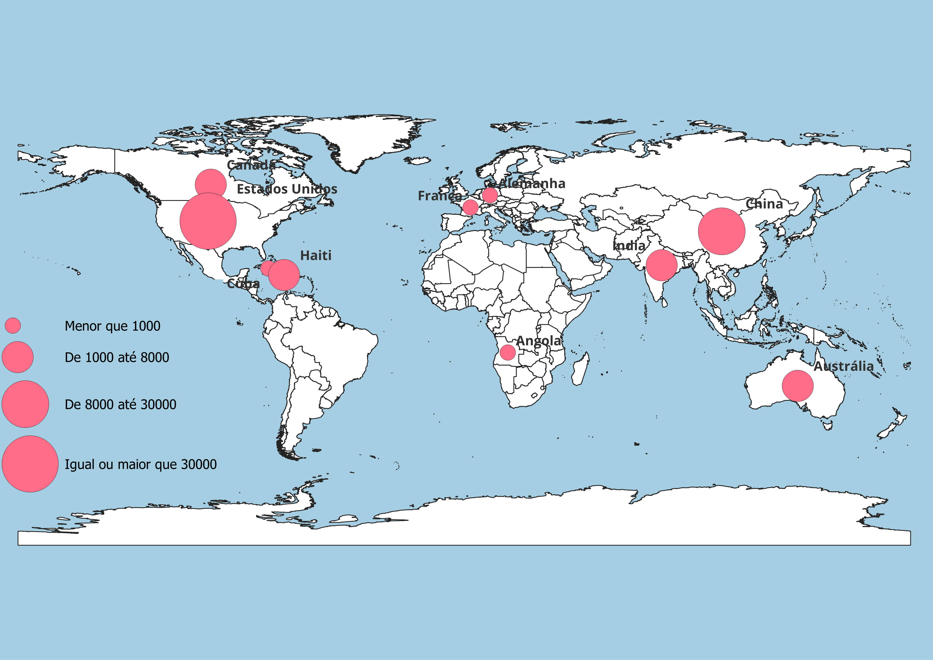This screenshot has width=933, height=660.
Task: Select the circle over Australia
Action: pyautogui.click(x=797, y=386)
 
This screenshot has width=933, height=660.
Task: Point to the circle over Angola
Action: pyautogui.click(x=508, y=352)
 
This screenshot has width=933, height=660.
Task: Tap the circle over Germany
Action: pyautogui.click(x=490, y=195)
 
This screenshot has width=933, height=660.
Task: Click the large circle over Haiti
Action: pyautogui.click(x=284, y=275)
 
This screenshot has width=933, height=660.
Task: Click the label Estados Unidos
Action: pyautogui.click(x=287, y=189)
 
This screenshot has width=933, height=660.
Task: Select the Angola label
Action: pyautogui.click(x=538, y=341)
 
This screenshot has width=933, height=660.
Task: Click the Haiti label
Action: pyautogui.click(x=316, y=256)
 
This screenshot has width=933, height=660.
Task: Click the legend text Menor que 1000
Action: pyautogui.click(x=113, y=326)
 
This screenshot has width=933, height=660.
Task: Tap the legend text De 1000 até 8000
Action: pyautogui.click(x=117, y=357)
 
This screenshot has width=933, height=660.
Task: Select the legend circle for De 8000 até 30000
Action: pyautogui.click(x=25, y=404)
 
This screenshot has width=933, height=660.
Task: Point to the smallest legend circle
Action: pyautogui.click(x=13, y=325)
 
